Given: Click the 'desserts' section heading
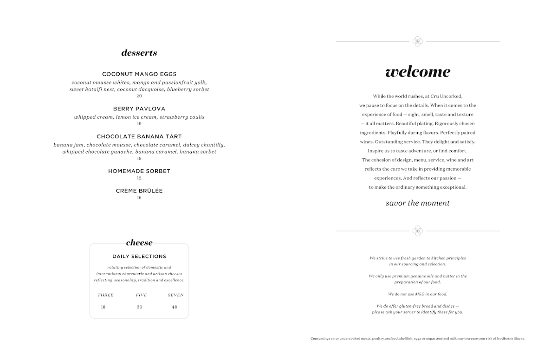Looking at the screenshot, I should [x=139, y=53].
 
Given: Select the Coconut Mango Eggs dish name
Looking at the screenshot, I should [x=139, y=74].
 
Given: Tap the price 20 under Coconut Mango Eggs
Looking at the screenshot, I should [x=139, y=96].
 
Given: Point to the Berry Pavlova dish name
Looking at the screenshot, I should [x=139, y=109].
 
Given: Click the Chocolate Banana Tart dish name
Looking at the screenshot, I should [x=139, y=137].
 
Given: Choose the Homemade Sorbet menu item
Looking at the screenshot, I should [x=139, y=171].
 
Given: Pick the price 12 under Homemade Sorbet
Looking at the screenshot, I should [x=139, y=178].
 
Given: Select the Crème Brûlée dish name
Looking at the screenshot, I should [x=139, y=191].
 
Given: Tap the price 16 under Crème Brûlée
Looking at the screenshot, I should [x=139, y=198].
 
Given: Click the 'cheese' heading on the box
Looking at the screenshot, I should [x=139, y=243].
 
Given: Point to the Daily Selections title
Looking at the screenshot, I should [x=139, y=257].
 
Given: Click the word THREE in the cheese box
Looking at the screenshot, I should [x=105, y=295].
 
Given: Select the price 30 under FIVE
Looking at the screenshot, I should [x=140, y=307].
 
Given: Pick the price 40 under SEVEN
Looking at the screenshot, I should [x=175, y=307].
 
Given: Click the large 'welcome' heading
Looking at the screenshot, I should [x=418, y=72].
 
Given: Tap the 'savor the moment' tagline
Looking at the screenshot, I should [x=418, y=203].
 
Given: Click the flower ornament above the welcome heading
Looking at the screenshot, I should [x=418, y=42].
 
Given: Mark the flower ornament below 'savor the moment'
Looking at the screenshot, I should [x=418, y=231].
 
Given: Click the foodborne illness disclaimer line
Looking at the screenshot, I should [x=418, y=339].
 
